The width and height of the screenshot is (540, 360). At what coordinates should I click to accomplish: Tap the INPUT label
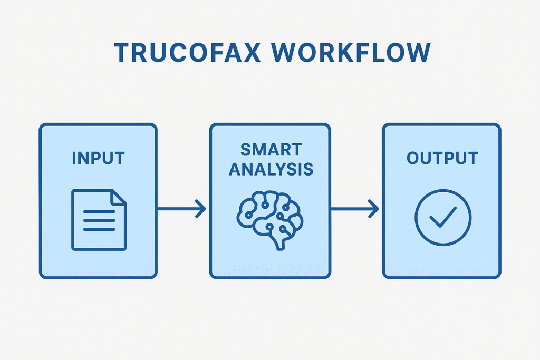98,158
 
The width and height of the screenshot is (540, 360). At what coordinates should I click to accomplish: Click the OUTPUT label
442,158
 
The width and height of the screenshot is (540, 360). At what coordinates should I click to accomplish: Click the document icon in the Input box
99,219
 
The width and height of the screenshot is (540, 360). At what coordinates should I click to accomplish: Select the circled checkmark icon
442,218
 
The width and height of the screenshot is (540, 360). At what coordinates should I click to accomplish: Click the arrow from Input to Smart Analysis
182,208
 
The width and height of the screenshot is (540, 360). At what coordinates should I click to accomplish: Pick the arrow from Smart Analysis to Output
354,208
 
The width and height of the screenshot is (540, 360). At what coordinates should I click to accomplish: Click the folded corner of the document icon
119,197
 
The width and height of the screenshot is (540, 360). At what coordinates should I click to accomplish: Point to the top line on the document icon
99,212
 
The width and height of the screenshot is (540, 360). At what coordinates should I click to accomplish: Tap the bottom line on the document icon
99,229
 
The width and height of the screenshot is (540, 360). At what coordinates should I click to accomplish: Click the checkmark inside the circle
442,217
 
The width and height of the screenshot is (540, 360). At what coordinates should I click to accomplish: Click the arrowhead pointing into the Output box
374,208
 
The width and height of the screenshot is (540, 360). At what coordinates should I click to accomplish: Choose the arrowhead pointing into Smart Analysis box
201,208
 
